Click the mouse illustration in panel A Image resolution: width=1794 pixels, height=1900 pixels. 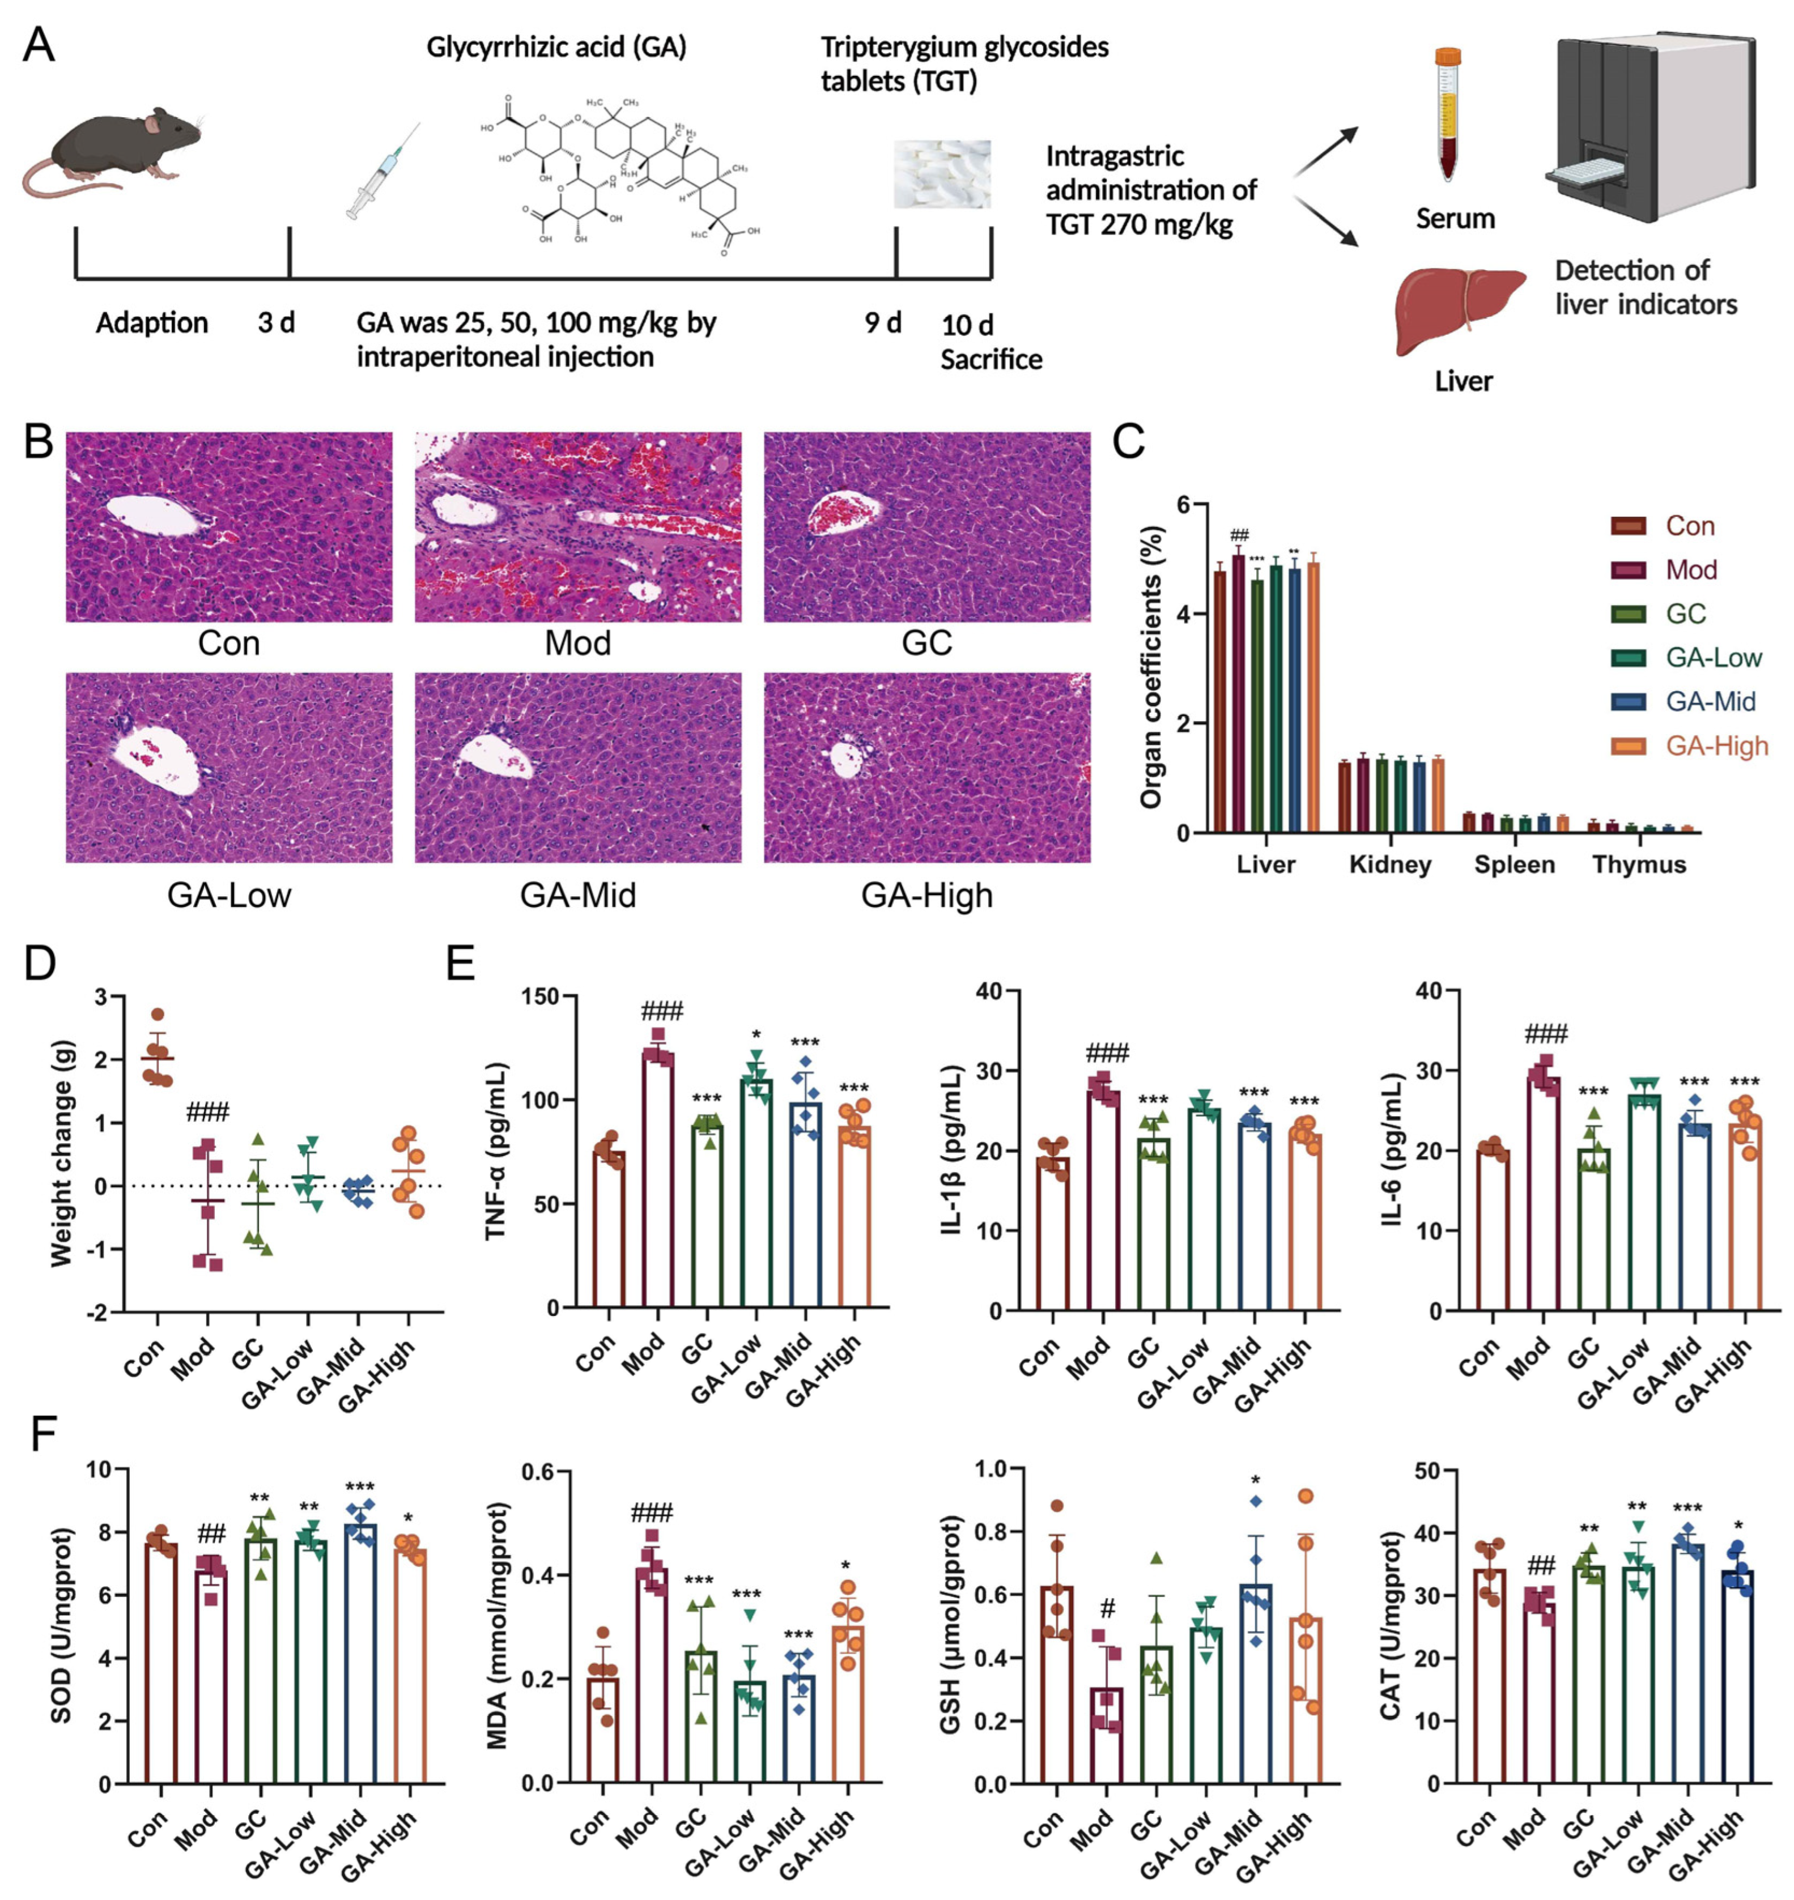click(115, 148)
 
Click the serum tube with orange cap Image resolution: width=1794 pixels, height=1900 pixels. click(1449, 115)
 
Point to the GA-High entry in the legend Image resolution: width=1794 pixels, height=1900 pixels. click(1716, 746)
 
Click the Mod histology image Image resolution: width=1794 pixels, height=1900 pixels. click(577, 527)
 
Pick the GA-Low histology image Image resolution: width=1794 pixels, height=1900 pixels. click(228, 767)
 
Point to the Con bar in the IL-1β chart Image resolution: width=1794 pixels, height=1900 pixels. click(1053, 1233)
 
